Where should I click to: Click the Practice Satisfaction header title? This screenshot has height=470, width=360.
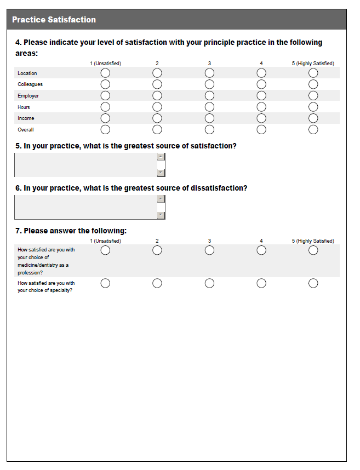click(x=54, y=20)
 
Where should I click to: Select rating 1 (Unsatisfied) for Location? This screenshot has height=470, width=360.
click(x=105, y=73)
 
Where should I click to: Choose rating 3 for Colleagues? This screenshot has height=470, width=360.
click(x=209, y=84)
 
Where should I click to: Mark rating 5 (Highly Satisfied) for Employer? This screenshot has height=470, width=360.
click(x=313, y=95)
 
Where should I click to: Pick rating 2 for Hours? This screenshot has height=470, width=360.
click(x=157, y=107)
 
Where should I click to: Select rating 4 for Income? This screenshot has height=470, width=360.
click(x=261, y=118)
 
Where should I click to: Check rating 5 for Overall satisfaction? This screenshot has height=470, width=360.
click(x=313, y=129)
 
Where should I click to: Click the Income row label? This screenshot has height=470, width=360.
click(x=26, y=118)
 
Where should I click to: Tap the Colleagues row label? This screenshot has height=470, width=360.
click(x=30, y=84)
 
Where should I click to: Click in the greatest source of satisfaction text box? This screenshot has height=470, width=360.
click(x=85, y=165)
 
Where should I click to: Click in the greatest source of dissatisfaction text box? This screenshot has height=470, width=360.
click(x=85, y=207)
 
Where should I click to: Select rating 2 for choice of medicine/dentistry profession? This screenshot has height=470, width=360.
click(x=157, y=250)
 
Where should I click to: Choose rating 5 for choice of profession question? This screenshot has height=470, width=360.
click(x=313, y=250)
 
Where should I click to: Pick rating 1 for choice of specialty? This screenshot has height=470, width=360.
click(x=105, y=283)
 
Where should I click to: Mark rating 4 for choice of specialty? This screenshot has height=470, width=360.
click(x=261, y=283)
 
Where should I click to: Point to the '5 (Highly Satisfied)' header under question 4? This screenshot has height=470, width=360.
click(x=313, y=64)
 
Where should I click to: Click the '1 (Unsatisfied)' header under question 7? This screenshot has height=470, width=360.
click(x=105, y=241)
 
